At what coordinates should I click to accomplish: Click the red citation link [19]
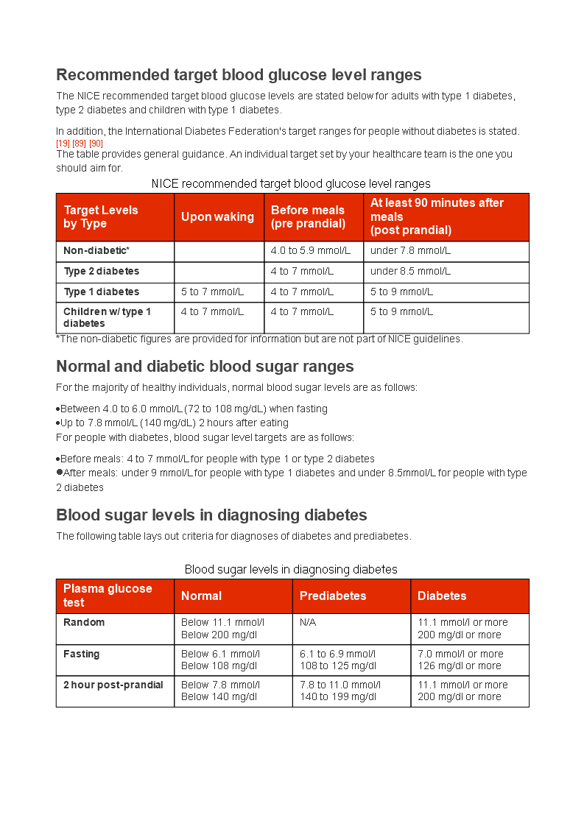(63, 144)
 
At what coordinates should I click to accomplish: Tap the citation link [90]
(96, 144)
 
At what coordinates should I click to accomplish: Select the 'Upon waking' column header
(217, 217)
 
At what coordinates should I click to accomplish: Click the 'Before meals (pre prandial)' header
(308, 217)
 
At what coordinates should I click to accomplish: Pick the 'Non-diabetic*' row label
(96, 251)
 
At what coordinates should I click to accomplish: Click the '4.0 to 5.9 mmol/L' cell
(311, 251)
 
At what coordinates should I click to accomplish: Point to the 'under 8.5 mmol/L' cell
(410, 272)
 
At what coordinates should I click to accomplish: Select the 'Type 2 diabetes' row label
(101, 272)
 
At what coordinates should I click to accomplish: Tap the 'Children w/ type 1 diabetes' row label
(107, 317)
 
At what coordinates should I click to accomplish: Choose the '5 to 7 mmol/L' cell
(212, 292)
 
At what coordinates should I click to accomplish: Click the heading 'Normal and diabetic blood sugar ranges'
(205, 367)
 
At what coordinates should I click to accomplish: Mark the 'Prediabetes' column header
(333, 596)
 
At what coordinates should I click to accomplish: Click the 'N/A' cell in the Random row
(308, 623)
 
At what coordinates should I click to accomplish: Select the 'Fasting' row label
(81, 654)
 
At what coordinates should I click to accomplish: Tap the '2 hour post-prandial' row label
(113, 685)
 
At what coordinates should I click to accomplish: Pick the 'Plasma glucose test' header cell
(108, 596)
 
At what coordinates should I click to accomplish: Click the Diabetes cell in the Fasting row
(460, 660)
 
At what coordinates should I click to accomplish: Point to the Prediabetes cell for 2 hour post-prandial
(340, 691)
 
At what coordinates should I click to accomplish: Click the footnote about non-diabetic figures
(259, 339)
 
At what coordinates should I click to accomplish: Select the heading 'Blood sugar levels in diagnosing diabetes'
(211, 515)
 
